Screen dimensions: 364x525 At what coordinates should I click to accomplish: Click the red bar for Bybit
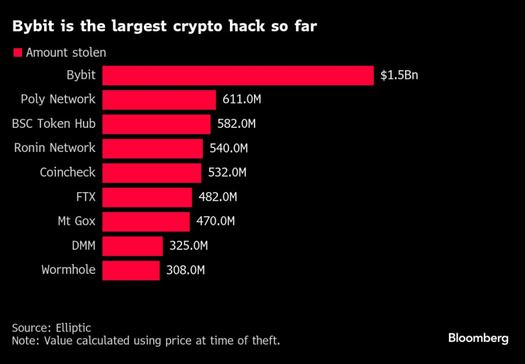[x=238, y=75]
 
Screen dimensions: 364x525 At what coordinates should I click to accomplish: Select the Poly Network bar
[x=159, y=99]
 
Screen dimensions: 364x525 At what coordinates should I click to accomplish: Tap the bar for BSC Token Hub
[x=156, y=124]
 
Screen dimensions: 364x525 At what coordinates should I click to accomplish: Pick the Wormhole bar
[x=131, y=270]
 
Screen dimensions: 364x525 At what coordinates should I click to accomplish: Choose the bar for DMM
[x=133, y=246]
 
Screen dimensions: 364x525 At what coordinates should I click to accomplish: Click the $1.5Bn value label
[x=399, y=75]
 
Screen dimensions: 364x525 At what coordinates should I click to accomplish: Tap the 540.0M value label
[x=229, y=148]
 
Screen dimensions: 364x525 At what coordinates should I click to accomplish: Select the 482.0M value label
[x=217, y=197]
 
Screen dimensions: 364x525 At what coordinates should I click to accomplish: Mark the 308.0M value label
[x=185, y=270]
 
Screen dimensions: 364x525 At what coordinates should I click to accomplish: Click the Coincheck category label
[x=67, y=172]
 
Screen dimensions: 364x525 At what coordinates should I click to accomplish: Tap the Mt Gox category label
[x=77, y=221]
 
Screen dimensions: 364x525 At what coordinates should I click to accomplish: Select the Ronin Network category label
[x=55, y=148]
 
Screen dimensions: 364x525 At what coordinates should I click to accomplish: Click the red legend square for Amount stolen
[x=17, y=53]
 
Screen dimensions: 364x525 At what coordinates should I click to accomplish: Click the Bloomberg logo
[x=478, y=338]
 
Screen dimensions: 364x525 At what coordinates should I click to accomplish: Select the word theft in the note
[x=263, y=341]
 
